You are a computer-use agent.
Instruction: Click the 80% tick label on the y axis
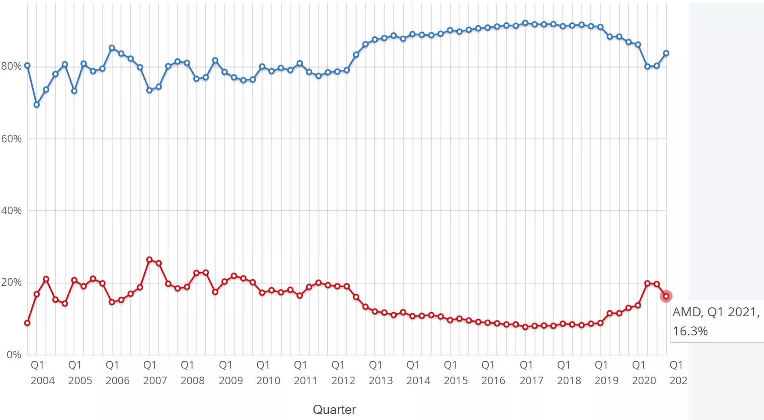[x=11, y=66]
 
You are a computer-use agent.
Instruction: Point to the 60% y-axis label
[x=11, y=139]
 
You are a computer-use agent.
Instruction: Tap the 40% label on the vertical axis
[x=11, y=210]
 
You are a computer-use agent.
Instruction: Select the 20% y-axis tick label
[x=11, y=283]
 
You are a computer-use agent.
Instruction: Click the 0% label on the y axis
[x=14, y=355]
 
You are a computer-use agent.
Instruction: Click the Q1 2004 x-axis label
[x=43, y=373]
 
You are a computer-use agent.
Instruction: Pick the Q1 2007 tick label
[x=155, y=373]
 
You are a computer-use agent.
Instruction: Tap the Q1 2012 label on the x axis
[x=343, y=373]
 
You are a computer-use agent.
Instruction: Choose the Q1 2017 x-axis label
[x=531, y=373]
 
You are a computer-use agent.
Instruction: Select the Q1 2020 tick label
[x=644, y=373]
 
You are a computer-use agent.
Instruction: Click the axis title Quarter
[x=334, y=410]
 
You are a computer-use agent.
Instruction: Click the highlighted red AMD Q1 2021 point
[x=666, y=296]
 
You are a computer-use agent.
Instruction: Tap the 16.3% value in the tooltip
[x=690, y=331]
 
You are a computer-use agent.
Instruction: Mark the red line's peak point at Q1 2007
[x=149, y=260]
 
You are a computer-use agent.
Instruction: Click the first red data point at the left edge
[x=27, y=323]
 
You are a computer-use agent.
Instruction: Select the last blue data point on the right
[x=666, y=54]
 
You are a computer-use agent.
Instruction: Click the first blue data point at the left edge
[x=27, y=65]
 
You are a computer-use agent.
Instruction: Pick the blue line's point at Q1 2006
[x=112, y=48]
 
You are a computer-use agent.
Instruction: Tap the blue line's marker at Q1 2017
[x=525, y=23]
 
